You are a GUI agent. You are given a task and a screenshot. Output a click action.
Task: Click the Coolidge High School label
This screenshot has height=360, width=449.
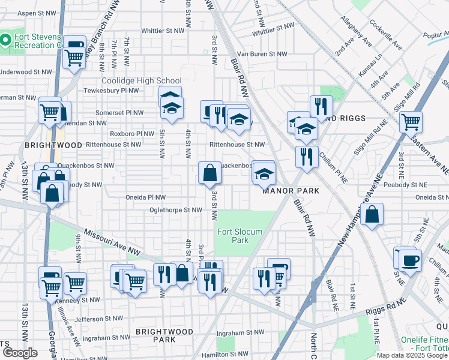[141, 81]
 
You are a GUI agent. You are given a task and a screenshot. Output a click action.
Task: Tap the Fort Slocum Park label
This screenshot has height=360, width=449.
[233, 236]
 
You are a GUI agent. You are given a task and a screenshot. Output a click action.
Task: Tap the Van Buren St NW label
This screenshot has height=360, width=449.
[261, 54]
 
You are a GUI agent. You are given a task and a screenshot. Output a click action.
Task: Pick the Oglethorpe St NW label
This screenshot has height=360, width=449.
[175, 210]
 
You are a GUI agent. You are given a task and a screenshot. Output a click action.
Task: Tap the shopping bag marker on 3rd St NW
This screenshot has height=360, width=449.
[210, 173]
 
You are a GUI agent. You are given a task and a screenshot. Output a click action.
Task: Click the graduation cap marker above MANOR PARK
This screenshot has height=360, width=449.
[264, 174]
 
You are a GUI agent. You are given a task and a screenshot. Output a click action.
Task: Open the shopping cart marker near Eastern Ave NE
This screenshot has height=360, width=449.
[411, 122]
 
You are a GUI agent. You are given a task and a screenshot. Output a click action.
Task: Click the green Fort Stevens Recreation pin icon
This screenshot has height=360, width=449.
[6, 40]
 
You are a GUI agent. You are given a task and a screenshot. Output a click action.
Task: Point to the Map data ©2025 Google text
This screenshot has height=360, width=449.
[412, 355]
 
